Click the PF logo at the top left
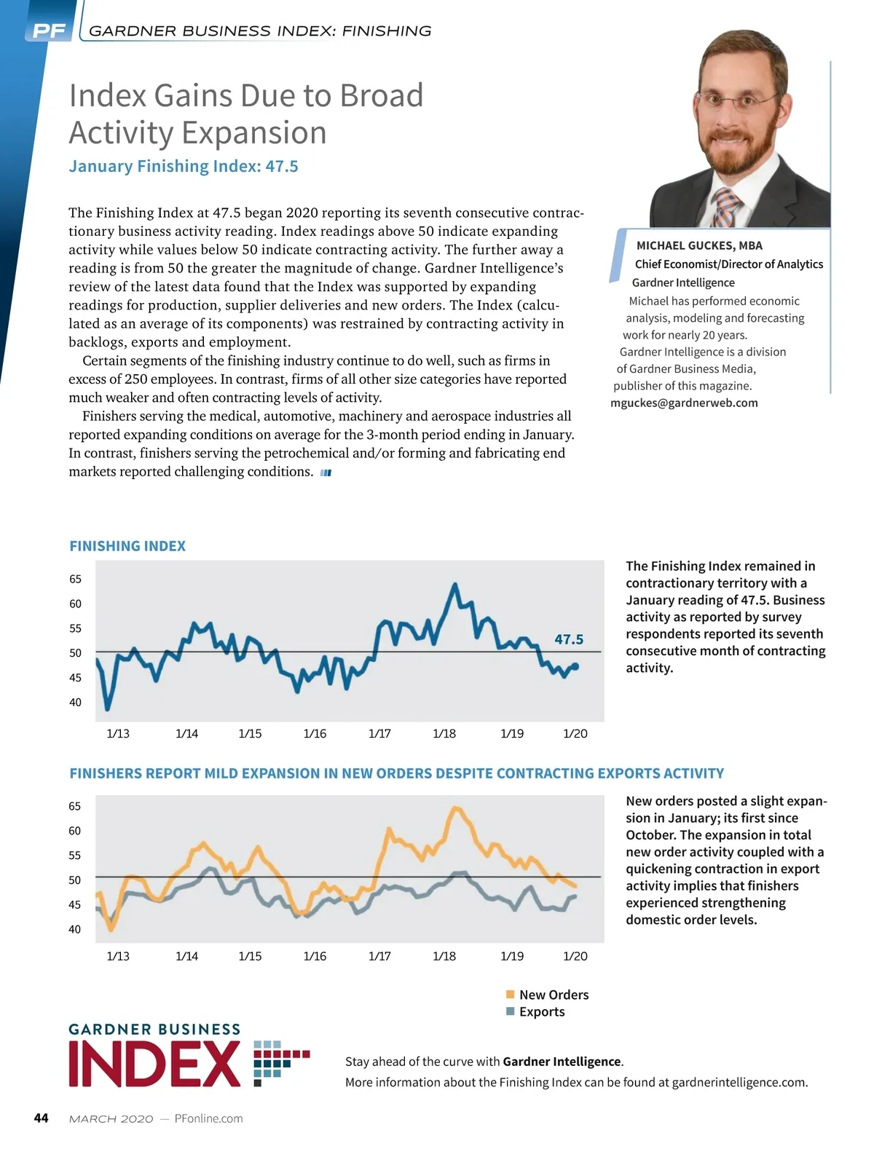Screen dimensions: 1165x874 (x=49, y=31)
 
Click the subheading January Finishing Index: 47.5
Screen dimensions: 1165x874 (x=184, y=166)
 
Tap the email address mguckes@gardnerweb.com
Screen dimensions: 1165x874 (x=684, y=403)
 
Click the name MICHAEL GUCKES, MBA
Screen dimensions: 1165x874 (x=699, y=245)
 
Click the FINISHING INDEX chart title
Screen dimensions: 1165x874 (x=127, y=546)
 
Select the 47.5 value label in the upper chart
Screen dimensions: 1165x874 (x=569, y=639)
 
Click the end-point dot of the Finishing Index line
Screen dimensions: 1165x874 (x=575, y=666)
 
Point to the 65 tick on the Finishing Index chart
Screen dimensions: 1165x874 (x=76, y=579)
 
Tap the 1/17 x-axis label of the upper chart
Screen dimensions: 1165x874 (x=379, y=733)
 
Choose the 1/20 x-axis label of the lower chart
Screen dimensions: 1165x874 (x=575, y=956)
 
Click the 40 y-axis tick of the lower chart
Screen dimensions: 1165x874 (x=75, y=929)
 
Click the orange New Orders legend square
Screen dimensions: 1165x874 (x=511, y=995)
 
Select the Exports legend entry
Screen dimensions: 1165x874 (x=541, y=1011)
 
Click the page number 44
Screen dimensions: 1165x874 (x=42, y=1118)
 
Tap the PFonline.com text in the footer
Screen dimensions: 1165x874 (x=209, y=1118)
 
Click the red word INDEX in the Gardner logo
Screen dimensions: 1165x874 (x=154, y=1064)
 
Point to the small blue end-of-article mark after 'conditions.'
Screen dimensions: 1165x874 (x=326, y=473)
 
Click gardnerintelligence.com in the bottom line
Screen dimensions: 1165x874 (x=739, y=1082)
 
